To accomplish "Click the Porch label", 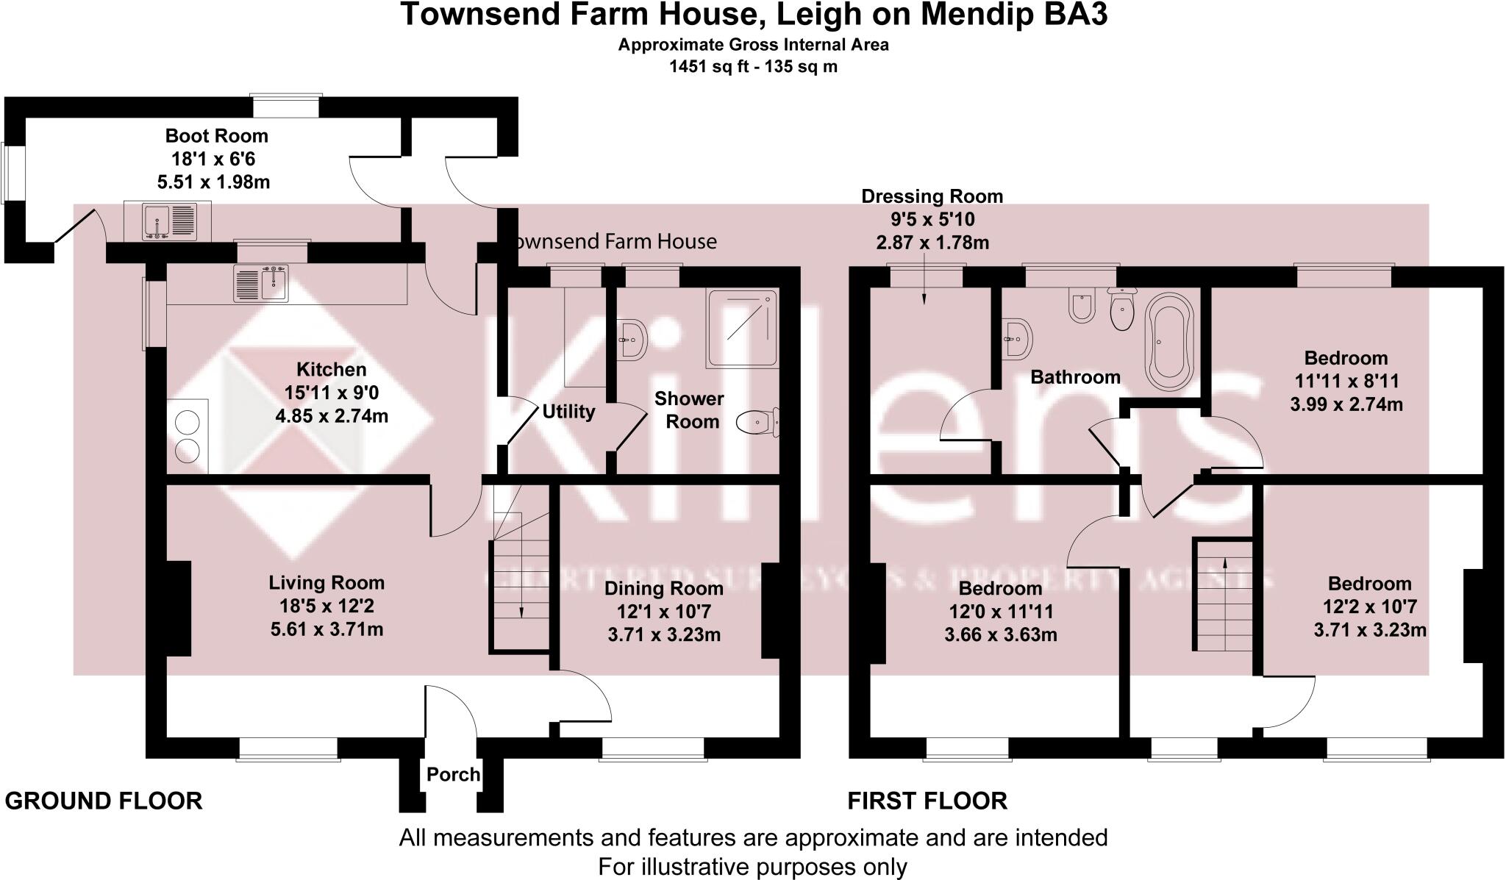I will tap(453, 774).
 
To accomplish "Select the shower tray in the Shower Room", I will tap(741, 328).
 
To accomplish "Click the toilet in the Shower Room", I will tap(757, 423).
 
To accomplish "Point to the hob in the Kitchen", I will tap(188, 436).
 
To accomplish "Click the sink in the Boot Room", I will tap(168, 221).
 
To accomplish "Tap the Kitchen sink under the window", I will tap(261, 283).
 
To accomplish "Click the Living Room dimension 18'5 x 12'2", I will tap(326, 606).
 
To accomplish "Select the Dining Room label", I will tap(663, 588).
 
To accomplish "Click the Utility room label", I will tap(568, 412).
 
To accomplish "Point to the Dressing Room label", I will tap(932, 196).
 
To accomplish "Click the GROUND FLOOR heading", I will tap(104, 801).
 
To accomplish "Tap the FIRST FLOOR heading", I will tap(927, 801).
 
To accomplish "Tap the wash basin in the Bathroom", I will tap(1017, 339).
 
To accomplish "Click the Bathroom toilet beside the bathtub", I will tap(1121, 310).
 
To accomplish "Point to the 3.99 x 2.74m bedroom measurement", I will tap(1346, 404).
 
